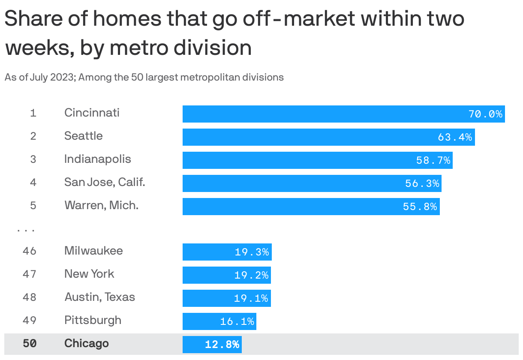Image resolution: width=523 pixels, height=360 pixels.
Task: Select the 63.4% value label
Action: click(x=454, y=137)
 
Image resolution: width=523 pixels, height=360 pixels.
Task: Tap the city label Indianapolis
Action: click(x=98, y=159)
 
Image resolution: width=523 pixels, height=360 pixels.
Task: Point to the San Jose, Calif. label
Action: click(x=105, y=183)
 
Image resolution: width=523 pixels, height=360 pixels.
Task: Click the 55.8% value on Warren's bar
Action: click(x=420, y=207)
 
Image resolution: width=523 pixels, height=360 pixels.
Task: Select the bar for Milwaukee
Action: click(x=227, y=252)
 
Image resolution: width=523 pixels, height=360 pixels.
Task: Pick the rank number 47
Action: click(x=30, y=274)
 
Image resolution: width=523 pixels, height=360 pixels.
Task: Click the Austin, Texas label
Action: click(x=99, y=297)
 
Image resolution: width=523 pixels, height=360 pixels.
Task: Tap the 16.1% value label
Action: click(x=237, y=321)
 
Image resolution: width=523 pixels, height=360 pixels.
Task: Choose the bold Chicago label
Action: click(x=87, y=344)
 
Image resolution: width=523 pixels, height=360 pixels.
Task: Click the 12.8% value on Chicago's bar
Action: click(x=222, y=345)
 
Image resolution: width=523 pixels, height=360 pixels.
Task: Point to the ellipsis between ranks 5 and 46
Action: click(x=26, y=231)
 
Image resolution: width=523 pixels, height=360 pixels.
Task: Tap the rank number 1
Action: click(x=33, y=114)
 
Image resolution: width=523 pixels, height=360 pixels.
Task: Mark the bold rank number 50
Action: click(x=30, y=344)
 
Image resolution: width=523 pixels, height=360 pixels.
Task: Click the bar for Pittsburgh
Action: click(x=219, y=321)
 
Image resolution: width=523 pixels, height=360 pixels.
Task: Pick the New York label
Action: click(x=89, y=274)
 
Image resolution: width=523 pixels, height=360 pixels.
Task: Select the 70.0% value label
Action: click(x=485, y=114)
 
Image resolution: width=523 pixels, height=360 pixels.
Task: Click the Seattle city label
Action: click(x=84, y=136)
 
